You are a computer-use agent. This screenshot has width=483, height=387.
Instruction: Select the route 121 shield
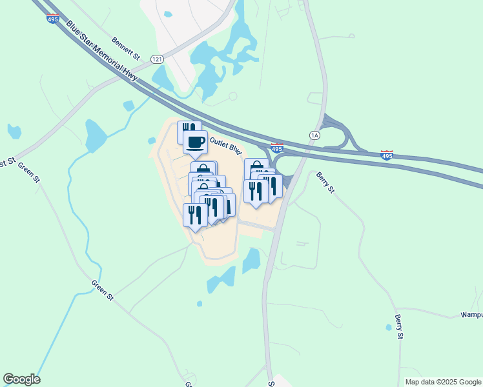click(157, 59)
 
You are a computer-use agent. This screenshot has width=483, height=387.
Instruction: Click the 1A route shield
click(315, 135)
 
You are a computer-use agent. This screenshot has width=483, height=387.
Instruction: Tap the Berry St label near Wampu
click(399, 328)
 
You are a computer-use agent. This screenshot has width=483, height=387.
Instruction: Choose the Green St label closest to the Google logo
click(103, 291)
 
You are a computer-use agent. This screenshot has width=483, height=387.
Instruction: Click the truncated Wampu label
click(471, 315)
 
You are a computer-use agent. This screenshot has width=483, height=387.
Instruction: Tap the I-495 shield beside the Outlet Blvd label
click(277, 148)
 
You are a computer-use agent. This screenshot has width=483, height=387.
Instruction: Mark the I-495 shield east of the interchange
click(386, 155)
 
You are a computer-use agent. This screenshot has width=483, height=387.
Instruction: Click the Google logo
click(21, 379)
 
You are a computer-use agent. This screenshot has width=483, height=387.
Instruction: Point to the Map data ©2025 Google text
click(442, 382)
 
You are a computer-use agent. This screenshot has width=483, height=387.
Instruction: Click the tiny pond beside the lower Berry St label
click(389, 328)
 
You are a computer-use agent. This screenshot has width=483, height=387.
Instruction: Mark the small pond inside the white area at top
click(168, 14)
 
